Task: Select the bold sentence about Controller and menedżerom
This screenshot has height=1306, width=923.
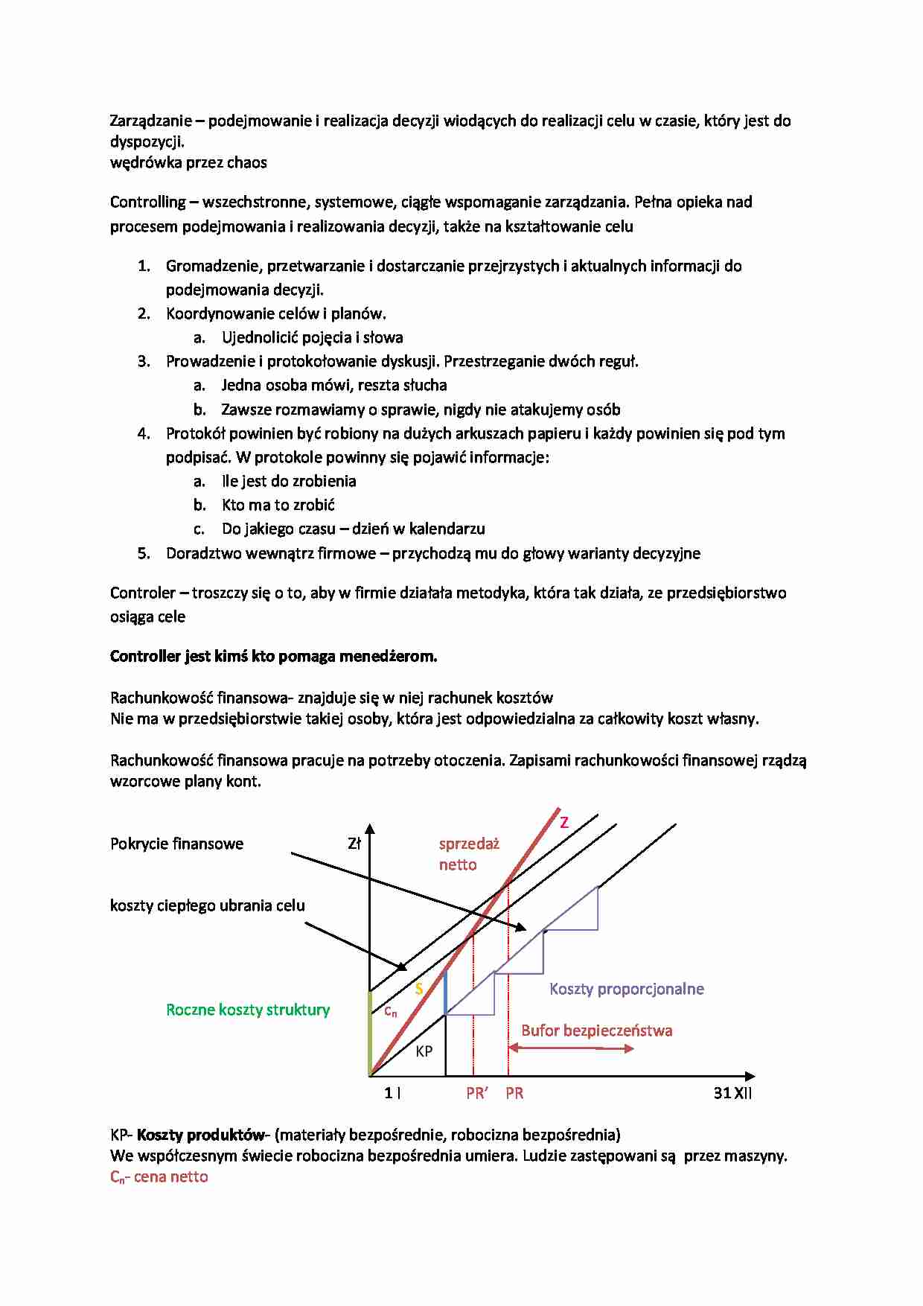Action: tap(273, 657)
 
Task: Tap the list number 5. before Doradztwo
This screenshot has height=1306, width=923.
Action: tap(144, 553)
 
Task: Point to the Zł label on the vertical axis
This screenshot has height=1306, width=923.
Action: tap(354, 844)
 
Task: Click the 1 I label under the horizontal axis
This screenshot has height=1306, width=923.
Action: tap(392, 1093)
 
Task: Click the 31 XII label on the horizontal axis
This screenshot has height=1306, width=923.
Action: tap(732, 1093)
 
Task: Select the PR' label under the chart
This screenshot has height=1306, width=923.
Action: tap(476, 1093)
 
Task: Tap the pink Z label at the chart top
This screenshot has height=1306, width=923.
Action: tap(564, 823)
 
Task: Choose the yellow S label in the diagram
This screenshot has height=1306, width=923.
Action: tap(419, 989)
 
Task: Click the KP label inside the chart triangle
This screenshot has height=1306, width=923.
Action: tap(424, 1051)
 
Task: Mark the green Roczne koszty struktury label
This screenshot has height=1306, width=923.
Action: tap(248, 1010)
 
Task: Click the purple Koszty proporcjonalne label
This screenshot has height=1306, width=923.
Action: tap(627, 989)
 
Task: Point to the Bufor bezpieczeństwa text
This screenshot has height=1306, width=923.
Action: tap(596, 1031)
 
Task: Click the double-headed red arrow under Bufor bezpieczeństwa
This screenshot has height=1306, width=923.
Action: tap(571, 1048)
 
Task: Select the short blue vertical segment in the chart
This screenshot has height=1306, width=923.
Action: tap(445, 993)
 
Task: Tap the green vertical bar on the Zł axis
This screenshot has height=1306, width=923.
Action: tap(370, 1033)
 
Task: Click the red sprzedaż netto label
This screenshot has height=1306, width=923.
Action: tap(468, 854)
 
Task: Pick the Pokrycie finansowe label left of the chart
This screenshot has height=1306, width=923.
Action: tap(176, 844)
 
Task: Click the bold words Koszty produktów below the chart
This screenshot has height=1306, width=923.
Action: tap(201, 1135)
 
